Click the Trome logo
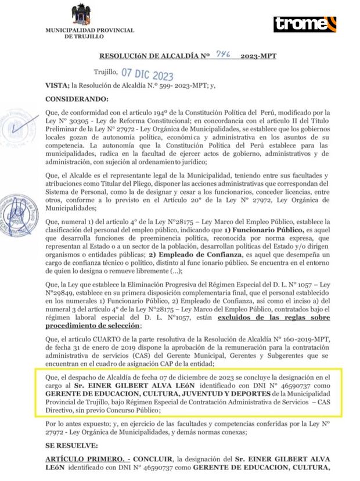305,24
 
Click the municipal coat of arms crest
81,15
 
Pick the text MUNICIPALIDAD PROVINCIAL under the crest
89,30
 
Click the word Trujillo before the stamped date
105,73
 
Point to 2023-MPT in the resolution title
257,56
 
